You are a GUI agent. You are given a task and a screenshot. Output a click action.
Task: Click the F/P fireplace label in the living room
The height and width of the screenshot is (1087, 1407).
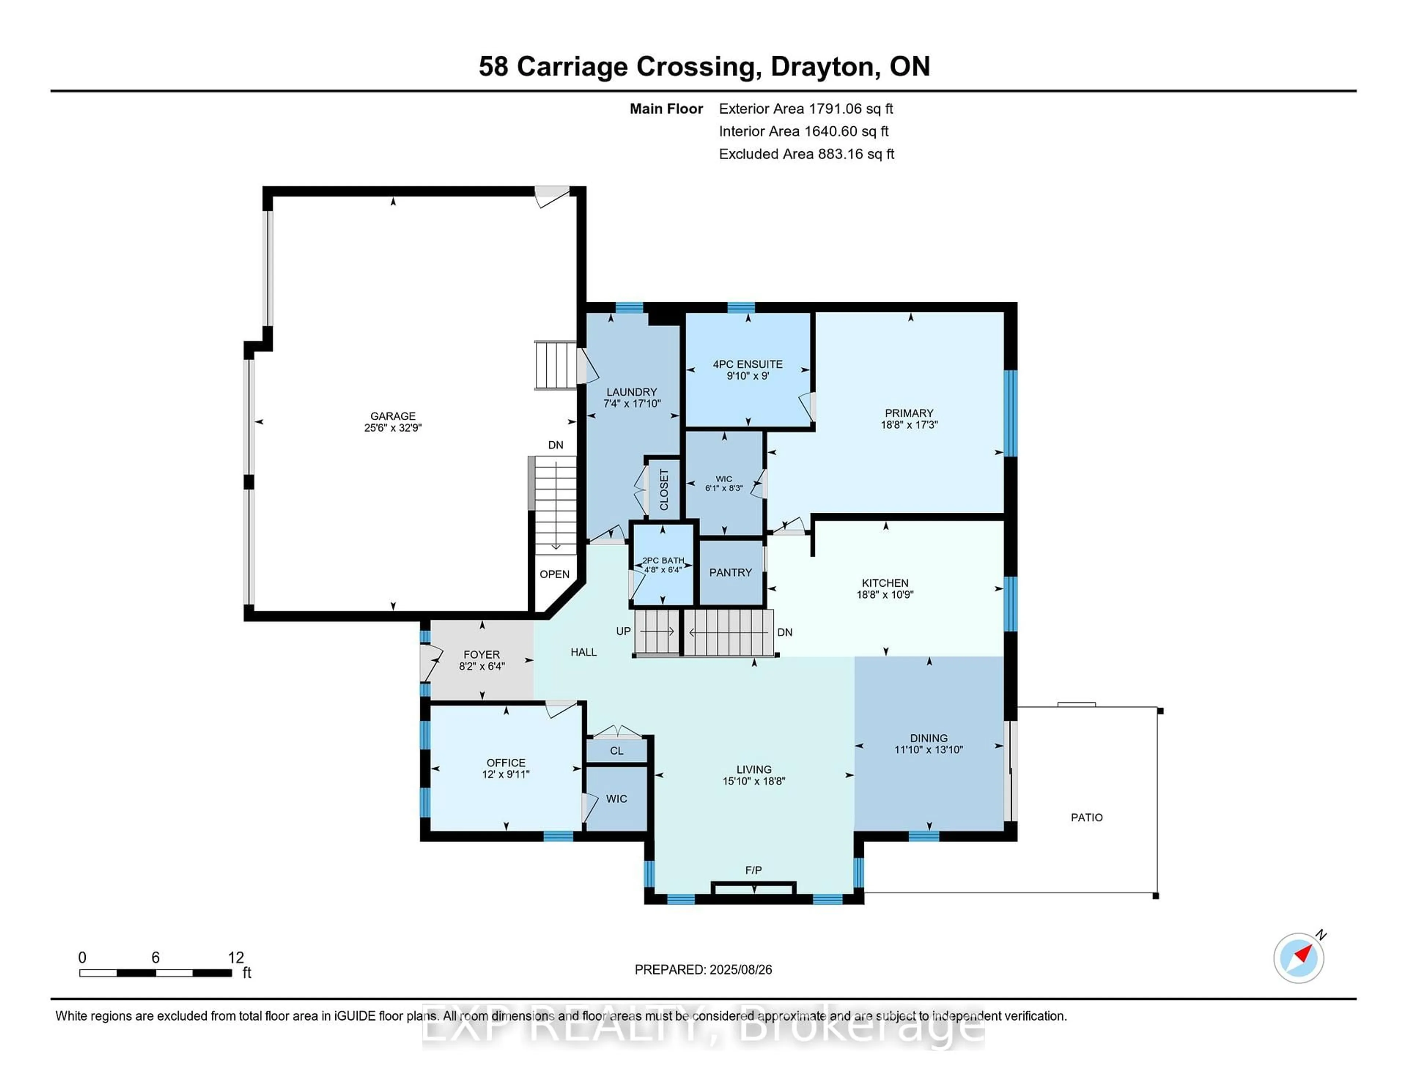tap(753, 870)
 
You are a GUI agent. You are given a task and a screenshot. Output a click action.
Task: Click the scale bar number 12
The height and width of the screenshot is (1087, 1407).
tap(236, 958)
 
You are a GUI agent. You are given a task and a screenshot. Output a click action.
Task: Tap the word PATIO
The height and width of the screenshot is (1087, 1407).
tap(1086, 817)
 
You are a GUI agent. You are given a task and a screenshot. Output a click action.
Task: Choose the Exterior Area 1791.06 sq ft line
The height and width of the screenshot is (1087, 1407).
tap(805, 109)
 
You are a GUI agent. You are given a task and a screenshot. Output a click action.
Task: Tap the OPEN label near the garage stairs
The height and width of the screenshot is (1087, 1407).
tap(554, 574)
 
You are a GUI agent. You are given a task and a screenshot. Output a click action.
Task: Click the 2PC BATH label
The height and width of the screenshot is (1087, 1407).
tap(663, 561)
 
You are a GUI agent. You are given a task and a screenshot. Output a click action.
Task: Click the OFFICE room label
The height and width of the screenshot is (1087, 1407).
tap(506, 763)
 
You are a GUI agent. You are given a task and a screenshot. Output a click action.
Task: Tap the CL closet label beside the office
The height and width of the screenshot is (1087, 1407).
tap(617, 751)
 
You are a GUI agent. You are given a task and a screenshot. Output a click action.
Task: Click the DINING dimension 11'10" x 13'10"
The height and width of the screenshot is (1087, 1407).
tap(928, 750)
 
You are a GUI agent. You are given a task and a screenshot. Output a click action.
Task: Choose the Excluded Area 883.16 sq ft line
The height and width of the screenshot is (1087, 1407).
tap(806, 154)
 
